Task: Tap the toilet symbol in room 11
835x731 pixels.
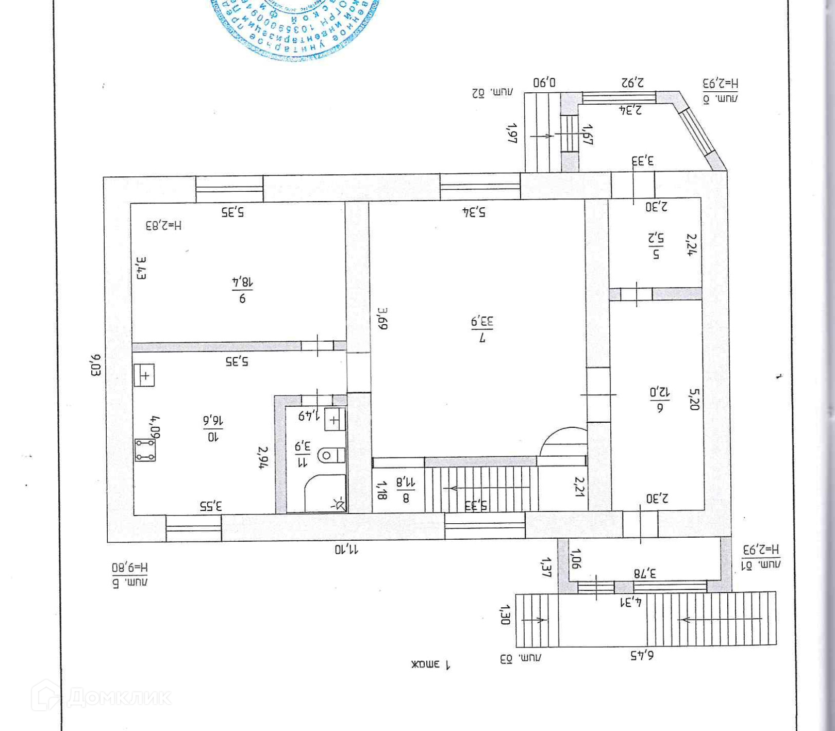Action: point(330,455)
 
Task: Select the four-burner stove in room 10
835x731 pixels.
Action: point(145,450)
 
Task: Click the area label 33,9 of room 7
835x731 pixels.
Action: point(482,322)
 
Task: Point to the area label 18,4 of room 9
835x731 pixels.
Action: point(242,283)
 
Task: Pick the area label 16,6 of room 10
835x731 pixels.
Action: point(213,421)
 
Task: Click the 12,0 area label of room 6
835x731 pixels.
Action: point(660,392)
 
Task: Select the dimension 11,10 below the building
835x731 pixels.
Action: point(346,550)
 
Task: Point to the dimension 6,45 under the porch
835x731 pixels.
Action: point(642,655)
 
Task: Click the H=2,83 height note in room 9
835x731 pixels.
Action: point(163,225)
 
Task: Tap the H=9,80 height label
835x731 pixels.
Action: point(130,568)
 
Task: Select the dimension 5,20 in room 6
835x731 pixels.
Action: point(694,399)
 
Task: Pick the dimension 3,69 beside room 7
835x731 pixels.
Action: point(382,318)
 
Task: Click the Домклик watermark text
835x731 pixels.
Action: point(119,697)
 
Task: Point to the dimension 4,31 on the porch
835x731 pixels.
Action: point(630,602)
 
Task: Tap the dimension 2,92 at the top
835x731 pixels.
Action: point(632,82)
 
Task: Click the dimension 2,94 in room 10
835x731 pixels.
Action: point(263,457)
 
